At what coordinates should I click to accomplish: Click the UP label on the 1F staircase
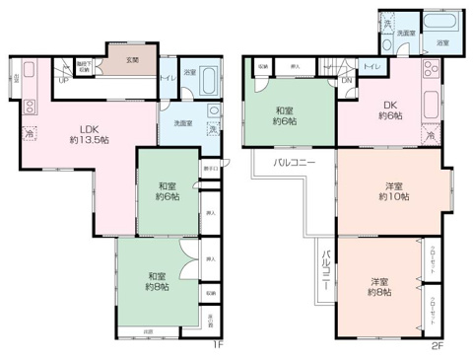(x=64, y=80)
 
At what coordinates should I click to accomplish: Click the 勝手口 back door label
(x=211, y=169)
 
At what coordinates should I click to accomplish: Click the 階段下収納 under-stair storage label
(x=86, y=66)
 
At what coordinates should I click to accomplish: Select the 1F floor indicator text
(x=222, y=344)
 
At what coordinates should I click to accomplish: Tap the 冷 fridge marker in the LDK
(x=31, y=133)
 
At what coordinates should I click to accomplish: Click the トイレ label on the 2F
(x=372, y=65)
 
